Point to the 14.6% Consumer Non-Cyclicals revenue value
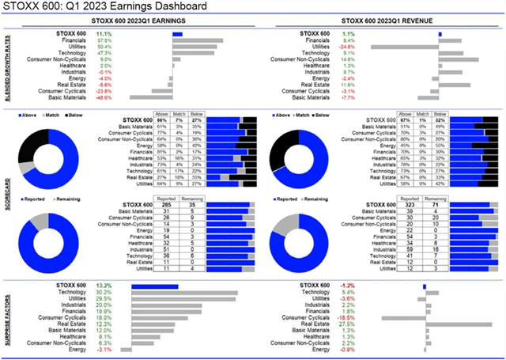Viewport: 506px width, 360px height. pyautogui.click(x=347, y=59)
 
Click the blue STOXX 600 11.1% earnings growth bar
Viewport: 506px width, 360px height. pyautogui.click(x=177, y=34)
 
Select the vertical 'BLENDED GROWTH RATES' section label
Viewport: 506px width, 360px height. pyautogui.click(x=6, y=67)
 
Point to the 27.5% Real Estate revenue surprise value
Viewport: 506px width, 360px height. pyautogui.click(x=347, y=323)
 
